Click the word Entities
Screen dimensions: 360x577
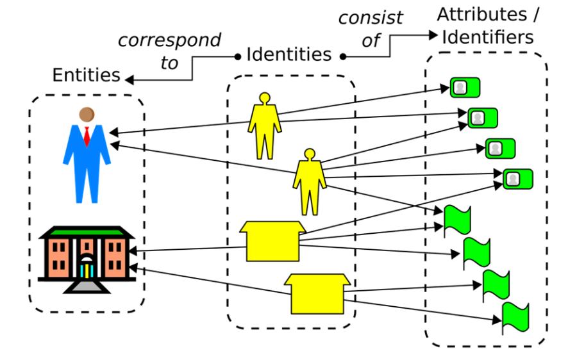point(86,75)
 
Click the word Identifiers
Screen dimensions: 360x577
point(487,37)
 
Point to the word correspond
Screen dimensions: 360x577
point(169,40)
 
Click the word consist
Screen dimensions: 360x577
point(371,17)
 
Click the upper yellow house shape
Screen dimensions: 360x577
point(272,241)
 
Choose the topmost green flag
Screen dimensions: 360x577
point(457,219)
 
